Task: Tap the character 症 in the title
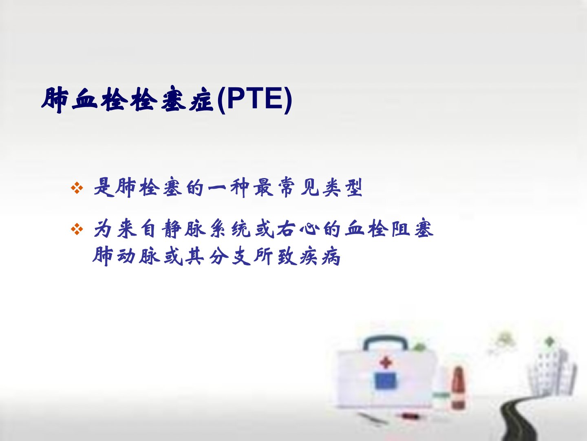pos(201,100)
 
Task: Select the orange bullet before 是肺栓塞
pos(77,188)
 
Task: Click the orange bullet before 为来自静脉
pos(77,229)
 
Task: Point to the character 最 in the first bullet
pos(263,187)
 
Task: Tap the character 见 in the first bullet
pos(309,187)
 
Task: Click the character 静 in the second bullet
pos(171,229)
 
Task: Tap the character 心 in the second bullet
pos(310,229)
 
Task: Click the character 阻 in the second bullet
pos(401,229)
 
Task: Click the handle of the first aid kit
pos(385,343)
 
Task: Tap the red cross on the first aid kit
pos(386,363)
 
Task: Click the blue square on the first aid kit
pos(386,381)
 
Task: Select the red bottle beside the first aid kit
pos(458,388)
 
